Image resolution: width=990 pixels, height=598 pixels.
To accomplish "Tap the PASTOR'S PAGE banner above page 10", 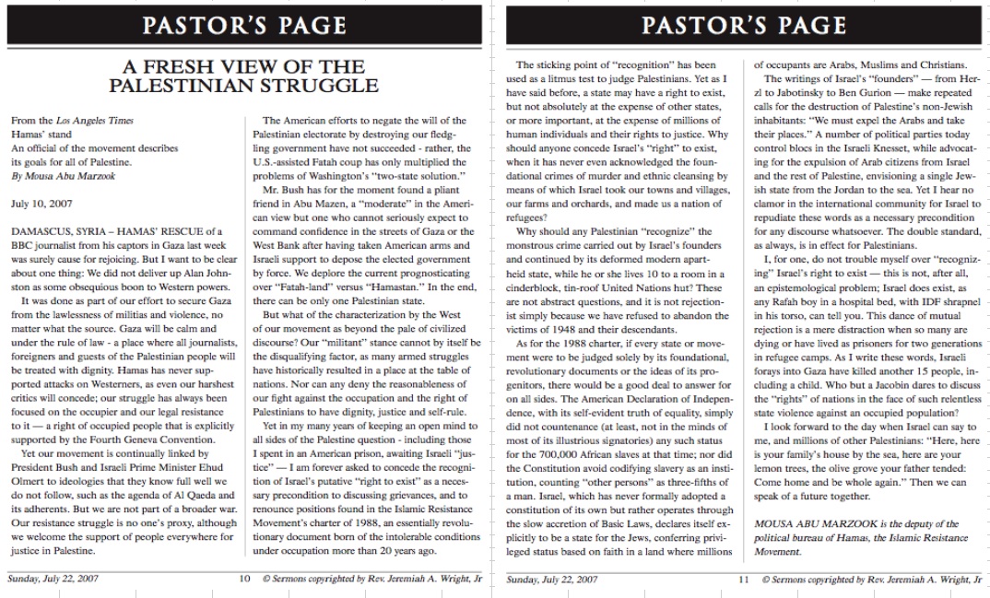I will point(244,25).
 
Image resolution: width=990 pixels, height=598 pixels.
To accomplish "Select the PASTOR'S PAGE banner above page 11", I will point(743,25).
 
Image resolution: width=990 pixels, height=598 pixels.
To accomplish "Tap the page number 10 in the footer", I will point(243,580).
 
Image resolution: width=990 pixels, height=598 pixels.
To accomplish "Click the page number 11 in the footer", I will point(743,580).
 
